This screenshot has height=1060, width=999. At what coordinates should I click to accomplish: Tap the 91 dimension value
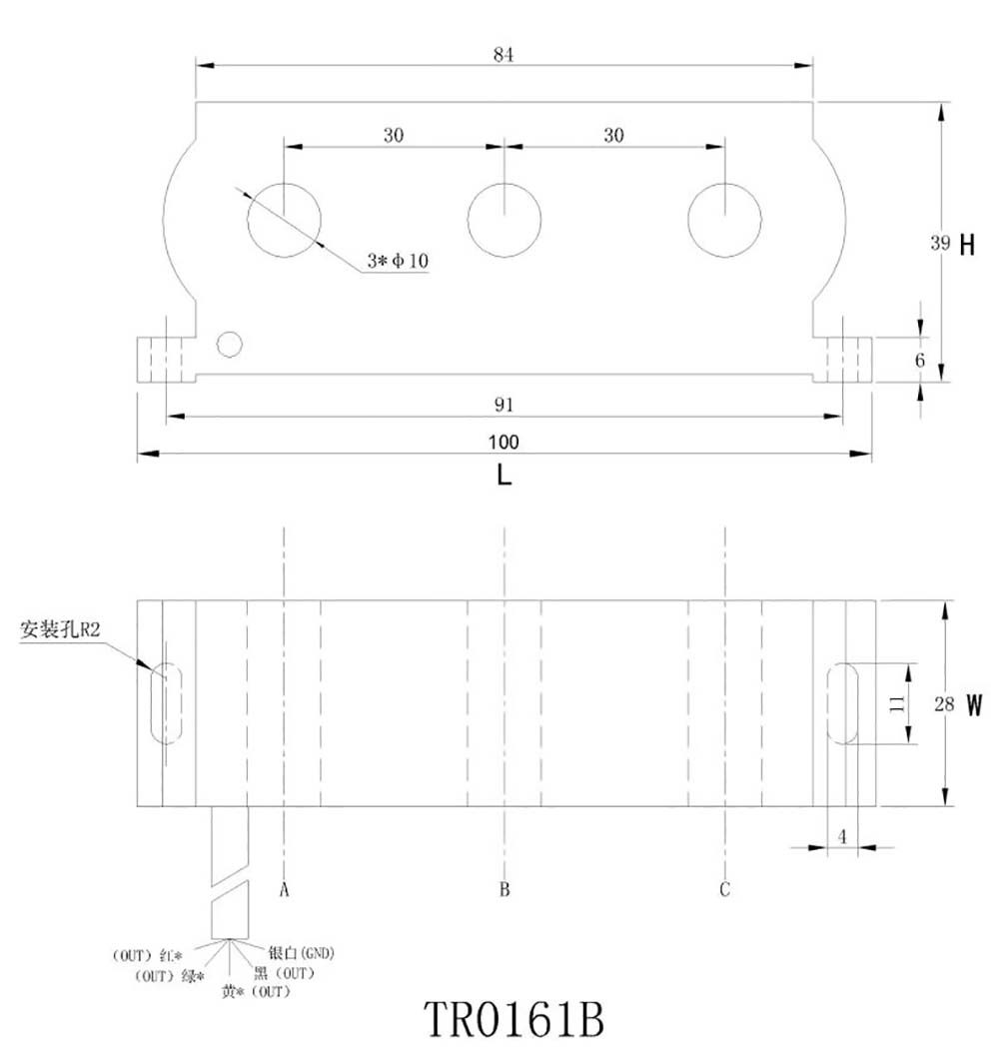tap(503, 405)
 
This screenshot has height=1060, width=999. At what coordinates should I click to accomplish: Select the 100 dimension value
tap(504, 442)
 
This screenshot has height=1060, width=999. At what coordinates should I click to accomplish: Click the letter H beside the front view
tap(966, 244)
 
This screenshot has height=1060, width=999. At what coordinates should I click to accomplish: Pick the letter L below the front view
tap(504, 477)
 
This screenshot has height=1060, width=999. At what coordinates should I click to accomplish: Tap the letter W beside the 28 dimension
tap(975, 704)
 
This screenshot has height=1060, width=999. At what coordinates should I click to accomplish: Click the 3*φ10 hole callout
tap(397, 261)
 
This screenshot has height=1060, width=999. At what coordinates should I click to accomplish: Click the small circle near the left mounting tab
tap(230, 345)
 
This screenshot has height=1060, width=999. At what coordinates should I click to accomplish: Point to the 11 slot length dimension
tap(897, 702)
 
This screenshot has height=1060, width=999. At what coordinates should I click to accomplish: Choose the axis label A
tap(285, 888)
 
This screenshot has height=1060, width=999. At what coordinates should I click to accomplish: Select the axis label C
tap(725, 888)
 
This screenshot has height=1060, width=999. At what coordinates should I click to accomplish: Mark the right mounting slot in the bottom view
tap(844, 702)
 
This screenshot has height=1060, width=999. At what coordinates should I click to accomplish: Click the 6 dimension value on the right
tap(921, 359)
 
